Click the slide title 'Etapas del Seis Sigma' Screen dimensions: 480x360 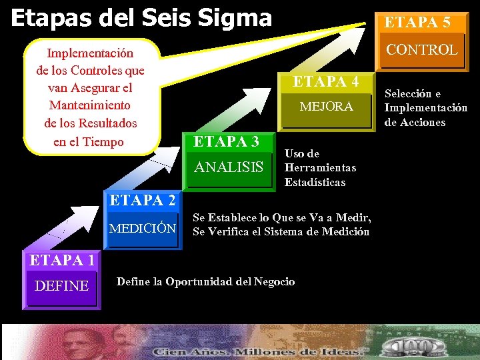pyautogui.click(x=141, y=17)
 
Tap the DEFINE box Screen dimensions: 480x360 pyautogui.click(x=62, y=286)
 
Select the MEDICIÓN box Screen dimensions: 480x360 pyautogui.click(x=143, y=229)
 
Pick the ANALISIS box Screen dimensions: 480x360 pyautogui.click(x=229, y=167)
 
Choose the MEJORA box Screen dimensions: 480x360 pyautogui.click(x=326, y=107)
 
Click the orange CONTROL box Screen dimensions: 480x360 pyautogui.click(x=421, y=49)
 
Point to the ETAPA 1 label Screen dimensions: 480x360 pyautogui.click(x=61, y=260)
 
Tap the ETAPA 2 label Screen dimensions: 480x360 pyautogui.click(x=142, y=200)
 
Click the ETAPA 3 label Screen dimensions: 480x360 pyautogui.click(x=226, y=142)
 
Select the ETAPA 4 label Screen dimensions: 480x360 pyautogui.click(x=326, y=82)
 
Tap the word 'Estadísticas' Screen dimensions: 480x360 pyautogui.click(x=315, y=182)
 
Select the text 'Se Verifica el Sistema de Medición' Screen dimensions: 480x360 pyautogui.click(x=281, y=232)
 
